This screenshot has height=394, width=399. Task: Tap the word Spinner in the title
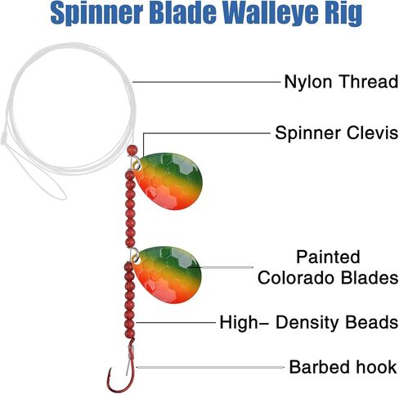[97, 14]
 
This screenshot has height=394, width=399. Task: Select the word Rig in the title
[342, 14]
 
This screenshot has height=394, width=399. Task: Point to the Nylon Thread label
[341, 82]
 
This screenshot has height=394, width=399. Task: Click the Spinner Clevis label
[336, 132]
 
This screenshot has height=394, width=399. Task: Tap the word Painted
[328, 257]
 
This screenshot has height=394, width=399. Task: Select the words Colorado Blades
[328, 278]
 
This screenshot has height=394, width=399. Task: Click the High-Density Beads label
[309, 322]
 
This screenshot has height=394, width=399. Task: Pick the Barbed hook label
[343, 367]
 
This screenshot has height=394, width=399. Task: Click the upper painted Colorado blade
[169, 181]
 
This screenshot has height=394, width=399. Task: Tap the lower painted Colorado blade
[167, 275]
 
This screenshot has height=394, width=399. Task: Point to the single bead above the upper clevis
[132, 150]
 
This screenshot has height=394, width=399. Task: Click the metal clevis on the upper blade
[136, 163]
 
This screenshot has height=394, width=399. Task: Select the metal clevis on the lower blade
[134, 256]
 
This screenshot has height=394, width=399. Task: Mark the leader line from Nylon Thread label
[206, 82]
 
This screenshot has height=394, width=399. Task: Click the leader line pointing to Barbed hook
[210, 367]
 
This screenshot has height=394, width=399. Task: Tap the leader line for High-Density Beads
[176, 323]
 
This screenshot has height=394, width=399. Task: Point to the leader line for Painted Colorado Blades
[221, 267]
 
